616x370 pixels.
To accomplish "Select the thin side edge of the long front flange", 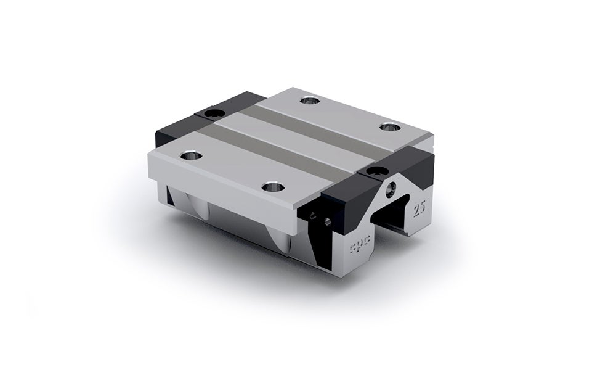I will [x=228, y=185].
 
